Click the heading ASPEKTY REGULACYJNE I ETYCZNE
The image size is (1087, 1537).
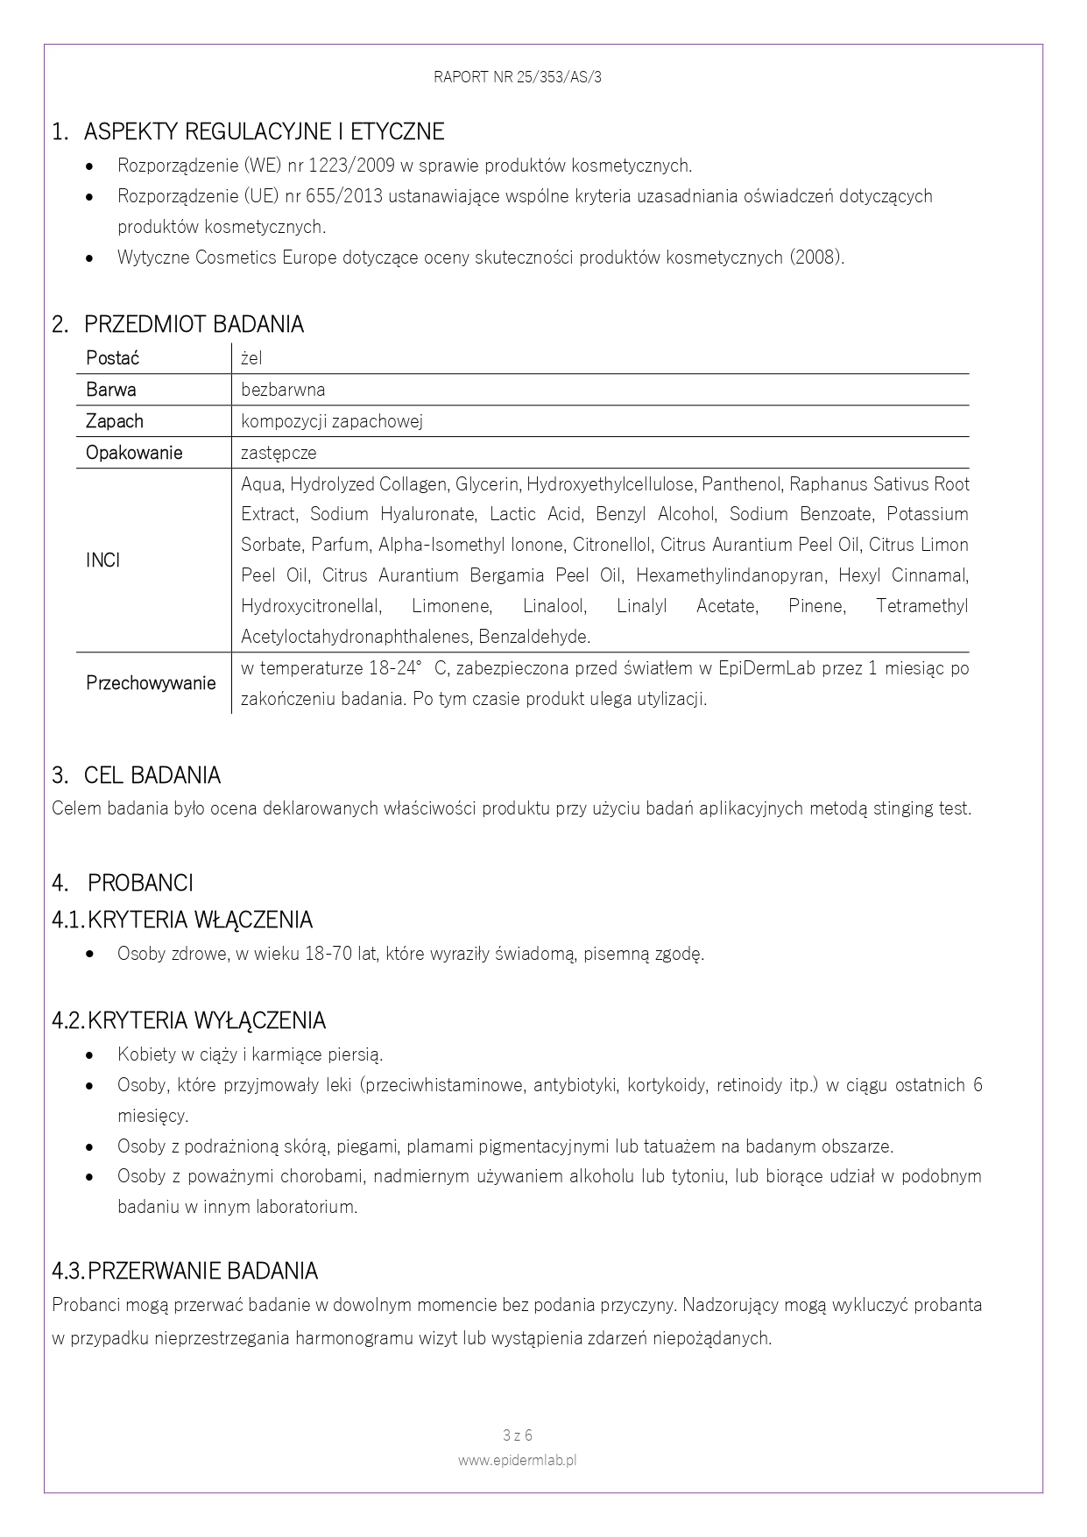point(264,132)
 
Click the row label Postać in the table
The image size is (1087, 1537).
point(112,358)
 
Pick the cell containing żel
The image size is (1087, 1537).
point(251,358)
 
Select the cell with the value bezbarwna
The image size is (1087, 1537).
point(283,390)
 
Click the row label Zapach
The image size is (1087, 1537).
point(115,421)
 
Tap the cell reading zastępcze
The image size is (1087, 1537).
point(279,453)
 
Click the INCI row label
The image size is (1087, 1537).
point(103,561)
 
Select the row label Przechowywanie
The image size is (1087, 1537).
point(151,683)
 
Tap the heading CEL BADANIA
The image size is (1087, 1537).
point(152,776)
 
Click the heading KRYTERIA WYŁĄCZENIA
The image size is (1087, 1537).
point(207,1021)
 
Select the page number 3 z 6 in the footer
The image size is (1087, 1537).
point(518,1435)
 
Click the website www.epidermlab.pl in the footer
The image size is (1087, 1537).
point(517,1460)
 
